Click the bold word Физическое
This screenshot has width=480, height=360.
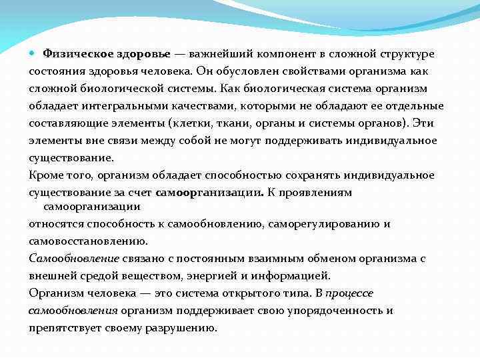point(71,53)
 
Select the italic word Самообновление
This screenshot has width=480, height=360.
point(74,258)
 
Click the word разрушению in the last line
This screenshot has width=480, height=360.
point(183,327)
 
